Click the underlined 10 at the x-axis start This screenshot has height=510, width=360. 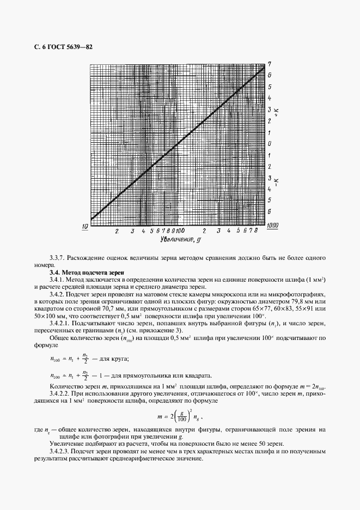pyautogui.click(x=86, y=226)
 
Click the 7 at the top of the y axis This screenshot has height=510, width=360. pyautogui.click(x=270, y=64)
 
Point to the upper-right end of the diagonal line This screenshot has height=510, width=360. pyautogui.click(x=264, y=68)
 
